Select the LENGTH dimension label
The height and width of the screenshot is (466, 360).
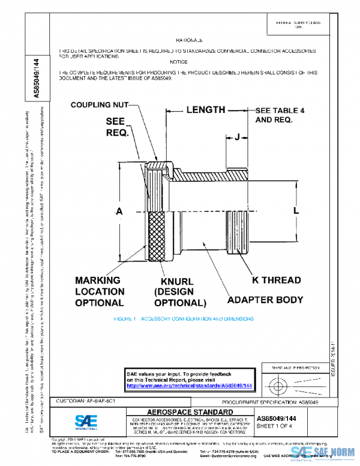click(205, 110)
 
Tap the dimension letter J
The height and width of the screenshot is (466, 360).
click(237, 138)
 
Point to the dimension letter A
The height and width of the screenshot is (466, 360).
click(119, 211)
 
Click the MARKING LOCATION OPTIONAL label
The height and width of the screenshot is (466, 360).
click(99, 291)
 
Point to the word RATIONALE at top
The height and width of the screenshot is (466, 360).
click(191, 39)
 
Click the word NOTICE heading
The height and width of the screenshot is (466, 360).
click(179, 62)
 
